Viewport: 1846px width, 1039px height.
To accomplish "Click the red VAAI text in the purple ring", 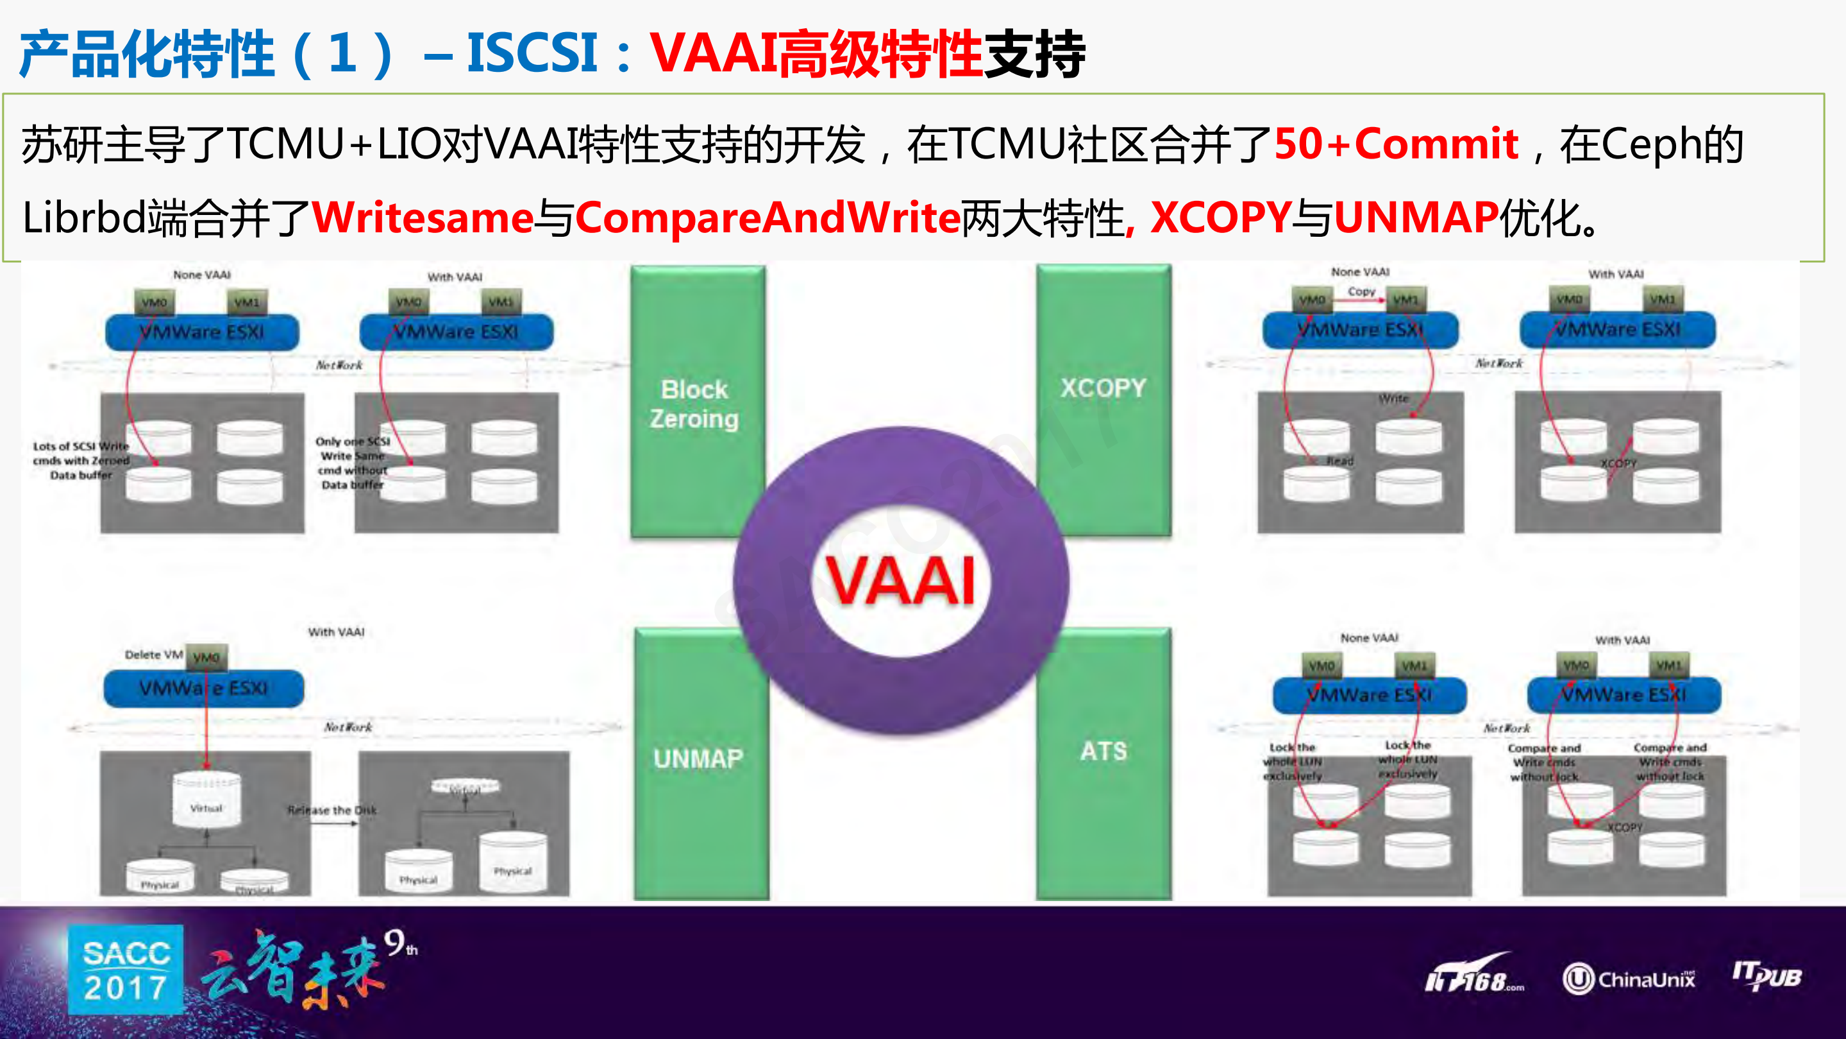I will click(900, 580).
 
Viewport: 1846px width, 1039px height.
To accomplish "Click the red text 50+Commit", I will click(1395, 143).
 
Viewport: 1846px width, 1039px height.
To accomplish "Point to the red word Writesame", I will click(423, 218).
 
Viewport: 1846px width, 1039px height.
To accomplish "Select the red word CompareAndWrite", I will click(767, 218).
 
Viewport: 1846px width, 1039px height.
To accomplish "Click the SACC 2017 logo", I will click(126, 970).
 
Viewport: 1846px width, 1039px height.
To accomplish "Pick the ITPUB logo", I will click(1766, 976).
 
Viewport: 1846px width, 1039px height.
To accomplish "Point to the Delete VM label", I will click(153, 655).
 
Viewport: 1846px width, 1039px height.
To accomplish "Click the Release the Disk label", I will click(331, 811).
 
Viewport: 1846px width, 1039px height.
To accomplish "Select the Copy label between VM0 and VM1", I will click(1361, 292).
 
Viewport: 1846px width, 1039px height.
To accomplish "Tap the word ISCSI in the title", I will click(532, 53).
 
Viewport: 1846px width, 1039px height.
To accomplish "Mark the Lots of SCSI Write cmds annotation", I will click(81, 460).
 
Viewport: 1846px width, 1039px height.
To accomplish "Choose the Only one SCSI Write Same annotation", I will click(352, 463).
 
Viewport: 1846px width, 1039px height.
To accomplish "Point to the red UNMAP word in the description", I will click(1415, 218).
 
